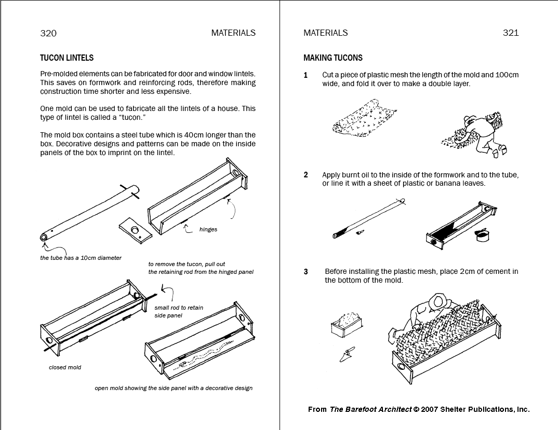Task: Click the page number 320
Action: pyautogui.click(x=48, y=33)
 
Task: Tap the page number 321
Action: pyautogui.click(x=511, y=33)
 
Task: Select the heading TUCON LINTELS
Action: pyautogui.click(x=67, y=58)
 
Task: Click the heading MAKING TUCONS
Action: pyautogui.click(x=333, y=58)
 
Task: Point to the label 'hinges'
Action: pyautogui.click(x=208, y=230)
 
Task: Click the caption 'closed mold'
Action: pyautogui.click(x=65, y=367)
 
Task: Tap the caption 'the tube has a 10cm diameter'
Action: pyautogui.click(x=81, y=258)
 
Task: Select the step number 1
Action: pyautogui.click(x=305, y=75)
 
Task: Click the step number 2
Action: pyautogui.click(x=305, y=175)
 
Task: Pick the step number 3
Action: pyautogui.click(x=305, y=272)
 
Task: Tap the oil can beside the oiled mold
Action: pyautogui.click(x=482, y=235)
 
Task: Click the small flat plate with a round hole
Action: pyautogui.click(x=135, y=230)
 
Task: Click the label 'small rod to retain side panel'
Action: pyautogui.click(x=179, y=312)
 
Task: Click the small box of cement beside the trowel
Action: pyautogui.click(x=347, y=325)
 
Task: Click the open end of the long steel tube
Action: pyautogui.click(x=44, y=238)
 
